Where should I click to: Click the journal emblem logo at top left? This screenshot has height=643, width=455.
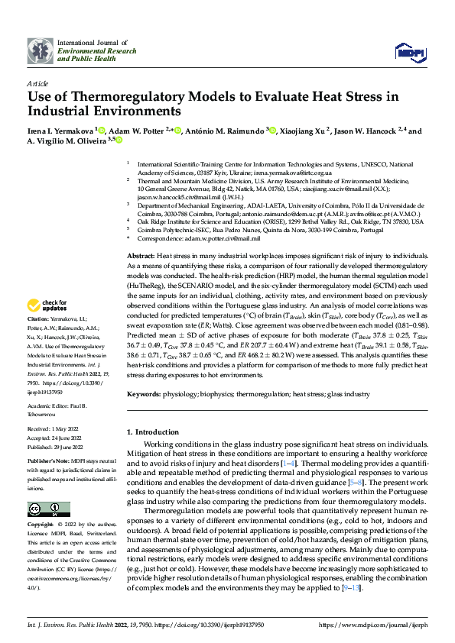[x=40, y=51]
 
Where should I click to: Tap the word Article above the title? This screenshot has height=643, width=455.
[x=37, y=82]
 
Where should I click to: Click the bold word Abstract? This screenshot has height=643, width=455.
[x=141, y=255]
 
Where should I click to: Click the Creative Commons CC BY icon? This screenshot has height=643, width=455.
[x=49, y=509]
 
